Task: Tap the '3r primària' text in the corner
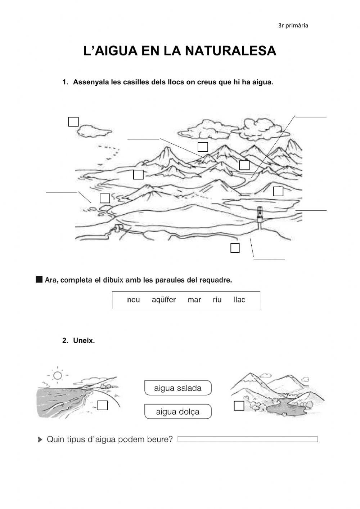coord(293,26)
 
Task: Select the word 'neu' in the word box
coord(134,300)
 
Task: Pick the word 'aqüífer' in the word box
coord(164,300)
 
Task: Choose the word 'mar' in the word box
coord(194,300)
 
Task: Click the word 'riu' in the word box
coord(217,300)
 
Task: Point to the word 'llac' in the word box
coord(239,300)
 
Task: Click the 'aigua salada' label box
coord(178,388)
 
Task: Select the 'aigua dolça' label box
coord(178,412)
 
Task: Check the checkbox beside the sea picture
coord(103,406)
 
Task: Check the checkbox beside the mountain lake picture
coord(239,406)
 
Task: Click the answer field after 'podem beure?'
coord(248,439)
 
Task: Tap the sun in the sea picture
coord(57,376)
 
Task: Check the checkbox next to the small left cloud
coord(73,122)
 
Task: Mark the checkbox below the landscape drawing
coord(235,248)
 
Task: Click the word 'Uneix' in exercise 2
coord(84,341)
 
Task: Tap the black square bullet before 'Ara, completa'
coord(39,279)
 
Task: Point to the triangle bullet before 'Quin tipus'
coord(40,440)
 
